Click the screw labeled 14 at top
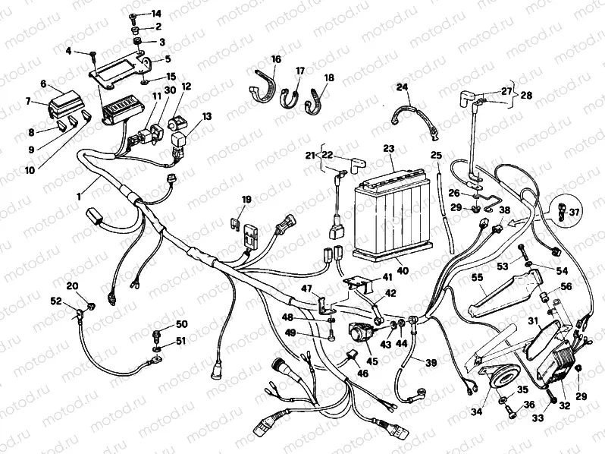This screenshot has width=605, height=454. [134, 16]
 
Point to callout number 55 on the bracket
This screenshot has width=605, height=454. [477, 279]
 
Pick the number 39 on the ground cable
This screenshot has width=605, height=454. [431, 363]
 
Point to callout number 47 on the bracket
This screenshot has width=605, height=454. [307, 289]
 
